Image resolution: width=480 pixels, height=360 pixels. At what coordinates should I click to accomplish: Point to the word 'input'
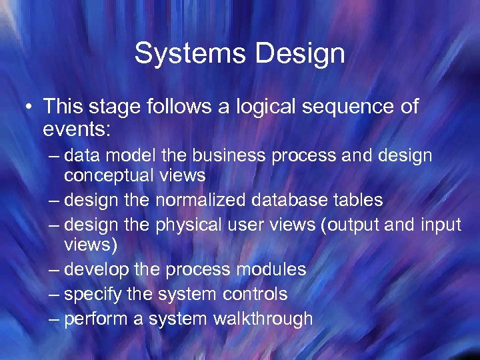[x=440, y=225]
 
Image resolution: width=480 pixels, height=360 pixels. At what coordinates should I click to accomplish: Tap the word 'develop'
[x=96, y=269]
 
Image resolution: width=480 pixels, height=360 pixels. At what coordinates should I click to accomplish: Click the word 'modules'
[x=271, y=269]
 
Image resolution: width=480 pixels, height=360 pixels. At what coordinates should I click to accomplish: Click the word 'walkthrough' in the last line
[x=263, y=319]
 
